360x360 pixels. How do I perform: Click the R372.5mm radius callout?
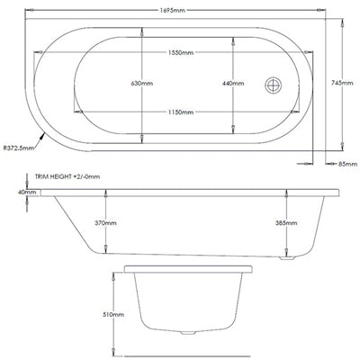click(20, 149)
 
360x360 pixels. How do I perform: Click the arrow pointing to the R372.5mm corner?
click(41, 140)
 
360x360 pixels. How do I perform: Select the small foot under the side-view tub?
click(291, 256)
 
